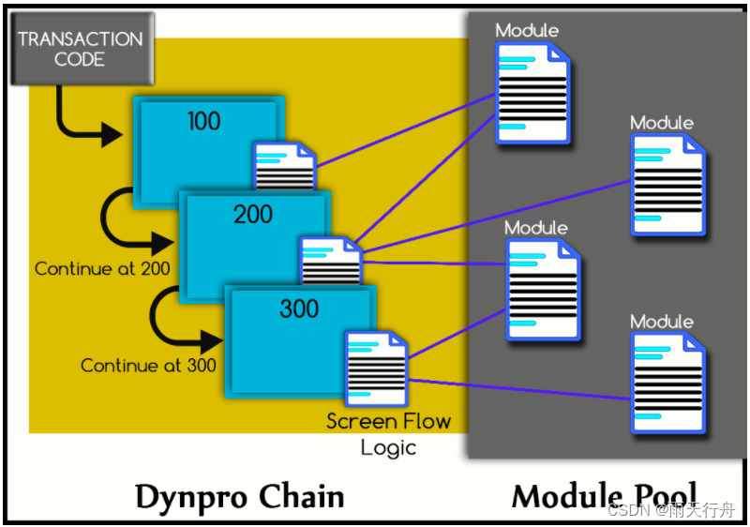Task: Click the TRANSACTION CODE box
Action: point(80,49)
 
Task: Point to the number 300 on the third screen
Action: point(299,309)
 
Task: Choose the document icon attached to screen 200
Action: point(331,262)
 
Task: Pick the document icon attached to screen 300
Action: point(376,368)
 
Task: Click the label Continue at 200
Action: point(102,269)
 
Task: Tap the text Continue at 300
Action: point(148,366)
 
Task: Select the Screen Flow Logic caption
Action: point(388,433)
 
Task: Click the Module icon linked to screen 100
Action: point(532,94)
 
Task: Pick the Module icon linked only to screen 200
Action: point(667,184)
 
